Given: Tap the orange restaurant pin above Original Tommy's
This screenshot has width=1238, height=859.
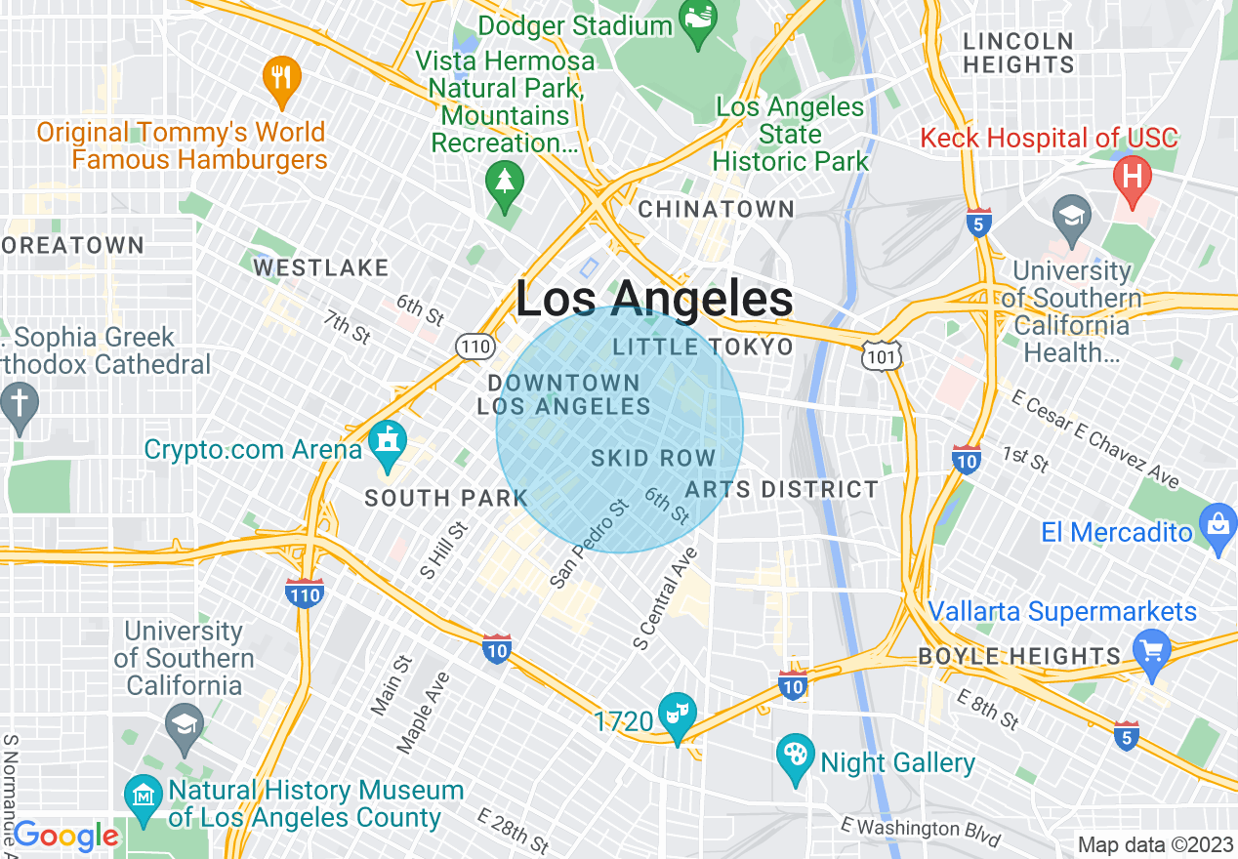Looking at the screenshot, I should [x=281, y=80].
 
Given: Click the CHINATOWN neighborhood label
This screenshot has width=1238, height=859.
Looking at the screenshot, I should [x=716, y=209].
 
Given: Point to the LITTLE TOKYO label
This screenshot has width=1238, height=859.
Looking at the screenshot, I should [x=703, y=347].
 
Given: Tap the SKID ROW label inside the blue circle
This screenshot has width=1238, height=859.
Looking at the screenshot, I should [x=653, y=458].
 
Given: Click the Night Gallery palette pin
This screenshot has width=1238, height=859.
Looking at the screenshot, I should [x=796, y=757].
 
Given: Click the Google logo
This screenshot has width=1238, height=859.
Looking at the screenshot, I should [x=65, y=837].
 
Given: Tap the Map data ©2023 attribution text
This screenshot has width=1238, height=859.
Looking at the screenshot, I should [x=1154, y=844].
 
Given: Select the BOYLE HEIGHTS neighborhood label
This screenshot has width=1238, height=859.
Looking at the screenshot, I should [x=1019, y=656].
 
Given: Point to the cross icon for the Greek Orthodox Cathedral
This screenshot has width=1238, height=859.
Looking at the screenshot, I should [x=19, y=404].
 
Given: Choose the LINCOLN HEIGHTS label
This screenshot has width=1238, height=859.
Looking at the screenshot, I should [x=1017, y=53].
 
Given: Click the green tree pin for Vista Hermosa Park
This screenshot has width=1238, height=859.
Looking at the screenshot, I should [x=504, y=184].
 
